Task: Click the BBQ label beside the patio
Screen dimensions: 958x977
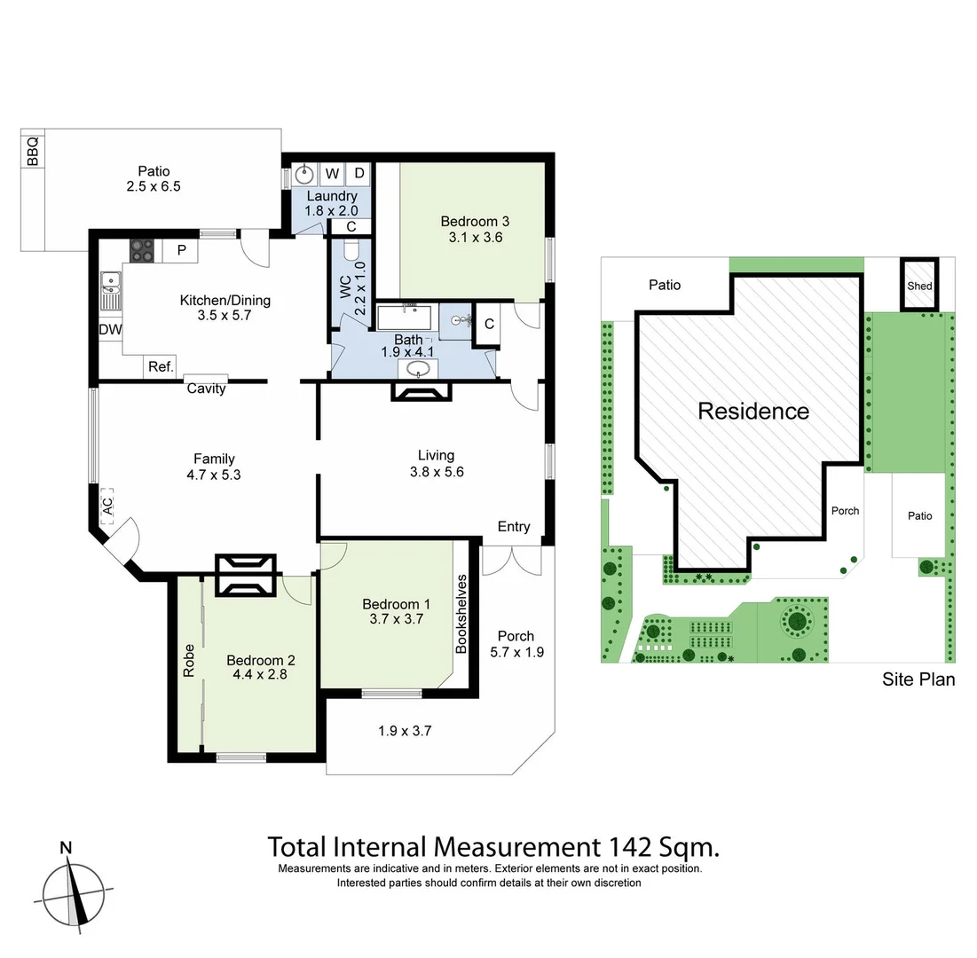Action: [x=33, y=152]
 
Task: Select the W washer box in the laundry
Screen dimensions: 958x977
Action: [x=332, y=173]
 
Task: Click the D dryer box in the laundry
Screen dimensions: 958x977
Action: [x=359, y=173]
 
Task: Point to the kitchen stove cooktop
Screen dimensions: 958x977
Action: [x=142, y=250]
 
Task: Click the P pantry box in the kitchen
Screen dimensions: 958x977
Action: [x=181, y=250]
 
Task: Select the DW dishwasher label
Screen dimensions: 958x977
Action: [x=111, y=330]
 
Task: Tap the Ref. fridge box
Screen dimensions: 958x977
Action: [x=161, y=366]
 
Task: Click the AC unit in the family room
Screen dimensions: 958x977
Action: [x=107, y=506]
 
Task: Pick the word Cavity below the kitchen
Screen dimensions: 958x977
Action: [x=206, y=389]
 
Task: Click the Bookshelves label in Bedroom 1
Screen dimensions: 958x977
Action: [x=461, y=614]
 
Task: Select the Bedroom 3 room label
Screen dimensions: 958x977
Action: [x=475, y=221]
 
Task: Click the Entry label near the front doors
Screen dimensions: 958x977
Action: [x=513, y=526]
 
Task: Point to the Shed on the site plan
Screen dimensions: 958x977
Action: [x=919, y=286]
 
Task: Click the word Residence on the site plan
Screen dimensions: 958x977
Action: [x=753, y=411]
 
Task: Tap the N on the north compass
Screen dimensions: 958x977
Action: [x=65, y=847]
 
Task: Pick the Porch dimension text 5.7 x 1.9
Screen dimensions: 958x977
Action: [x=516, y=652]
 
